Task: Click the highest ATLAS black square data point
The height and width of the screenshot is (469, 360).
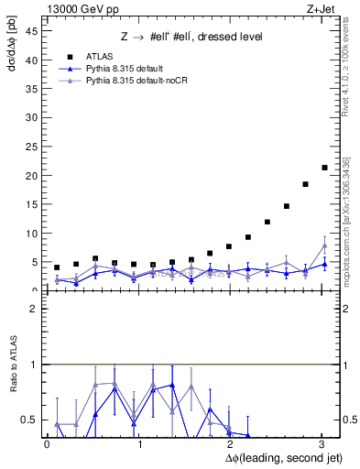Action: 324,168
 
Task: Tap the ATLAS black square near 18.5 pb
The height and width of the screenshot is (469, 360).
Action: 305,184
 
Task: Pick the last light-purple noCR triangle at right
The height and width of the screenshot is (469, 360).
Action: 324,245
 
